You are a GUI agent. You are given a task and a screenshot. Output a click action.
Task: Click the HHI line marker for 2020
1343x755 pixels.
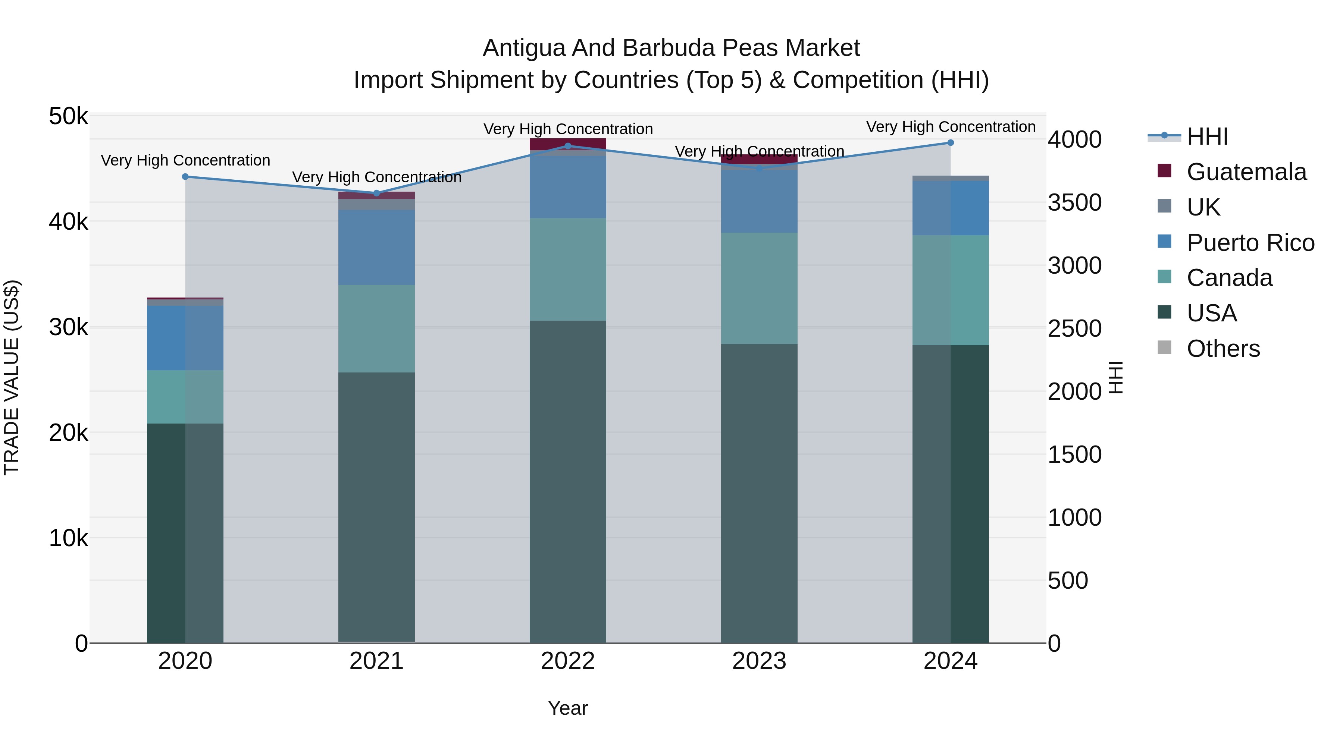point(185,177)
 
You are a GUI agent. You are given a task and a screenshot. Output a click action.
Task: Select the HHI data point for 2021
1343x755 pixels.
point(376,193)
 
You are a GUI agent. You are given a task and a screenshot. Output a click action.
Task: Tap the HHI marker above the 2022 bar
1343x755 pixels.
point(568,146)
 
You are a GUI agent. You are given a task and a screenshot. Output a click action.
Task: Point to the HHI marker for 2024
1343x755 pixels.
point(951,142)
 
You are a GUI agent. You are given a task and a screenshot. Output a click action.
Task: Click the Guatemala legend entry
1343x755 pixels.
point(1246,172)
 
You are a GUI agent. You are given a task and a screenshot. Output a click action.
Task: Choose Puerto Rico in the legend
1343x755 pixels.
point(1250,243)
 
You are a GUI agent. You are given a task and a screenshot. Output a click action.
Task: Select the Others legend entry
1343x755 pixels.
point(1223,349)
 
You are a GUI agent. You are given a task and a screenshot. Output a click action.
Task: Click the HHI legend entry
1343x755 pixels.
point(1207,136)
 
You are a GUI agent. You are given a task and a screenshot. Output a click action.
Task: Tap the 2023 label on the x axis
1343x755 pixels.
point(759,661)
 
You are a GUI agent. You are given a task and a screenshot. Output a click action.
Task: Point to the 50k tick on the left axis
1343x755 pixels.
point(68,116)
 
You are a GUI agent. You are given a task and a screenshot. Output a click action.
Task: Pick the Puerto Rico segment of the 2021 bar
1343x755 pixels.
point(376,248)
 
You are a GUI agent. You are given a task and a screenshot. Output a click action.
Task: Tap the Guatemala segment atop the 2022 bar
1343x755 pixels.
point(568,144)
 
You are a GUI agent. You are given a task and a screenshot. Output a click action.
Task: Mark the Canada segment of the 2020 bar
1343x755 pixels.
point(185,397)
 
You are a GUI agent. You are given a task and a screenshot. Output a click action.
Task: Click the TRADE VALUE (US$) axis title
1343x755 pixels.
point(12,377)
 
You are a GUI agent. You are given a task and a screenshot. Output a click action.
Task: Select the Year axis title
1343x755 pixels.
point(568,708)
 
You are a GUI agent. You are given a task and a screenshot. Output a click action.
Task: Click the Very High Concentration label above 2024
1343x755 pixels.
point(951,127)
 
